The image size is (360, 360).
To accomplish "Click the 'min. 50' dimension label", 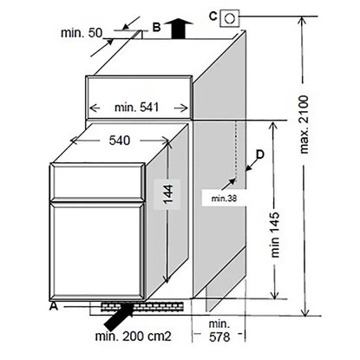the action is [82, 33].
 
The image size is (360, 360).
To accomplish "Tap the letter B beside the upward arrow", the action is [156, 28].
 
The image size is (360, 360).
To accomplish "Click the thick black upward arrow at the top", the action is [179, 28].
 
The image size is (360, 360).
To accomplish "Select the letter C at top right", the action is [213, 16].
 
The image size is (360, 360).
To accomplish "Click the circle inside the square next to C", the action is [230, 18].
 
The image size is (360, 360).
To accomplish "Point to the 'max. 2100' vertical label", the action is [304, 124].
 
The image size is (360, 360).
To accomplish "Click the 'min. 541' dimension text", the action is [137, 108].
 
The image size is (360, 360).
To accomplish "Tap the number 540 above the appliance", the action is [120, 141].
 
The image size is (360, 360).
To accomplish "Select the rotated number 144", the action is [168, 193].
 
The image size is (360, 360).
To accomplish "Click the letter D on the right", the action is [260, 154].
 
